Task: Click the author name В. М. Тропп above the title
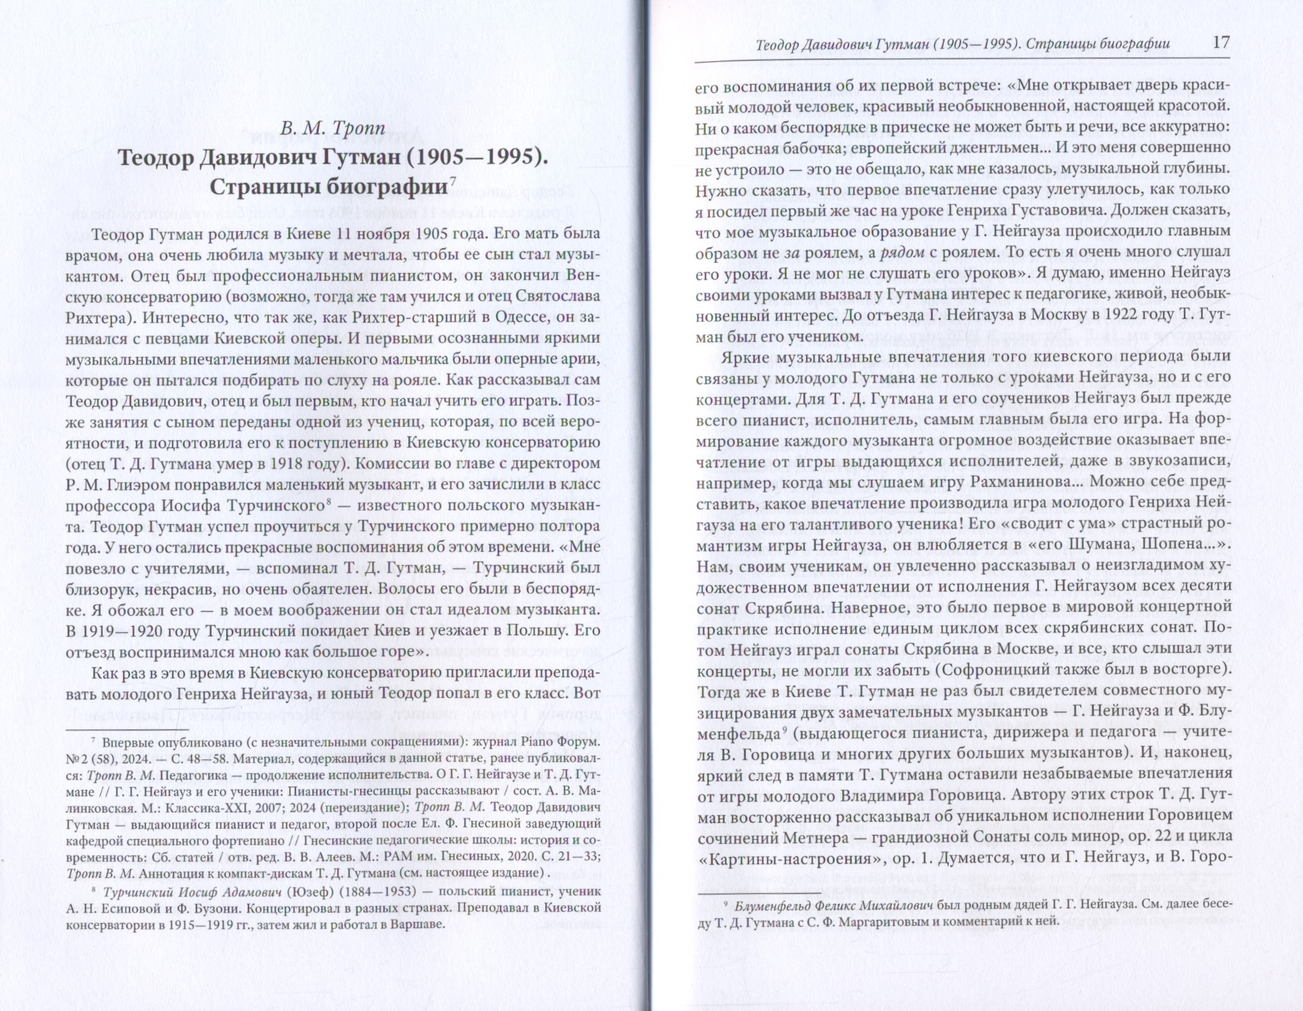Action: tap(333, 129)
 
